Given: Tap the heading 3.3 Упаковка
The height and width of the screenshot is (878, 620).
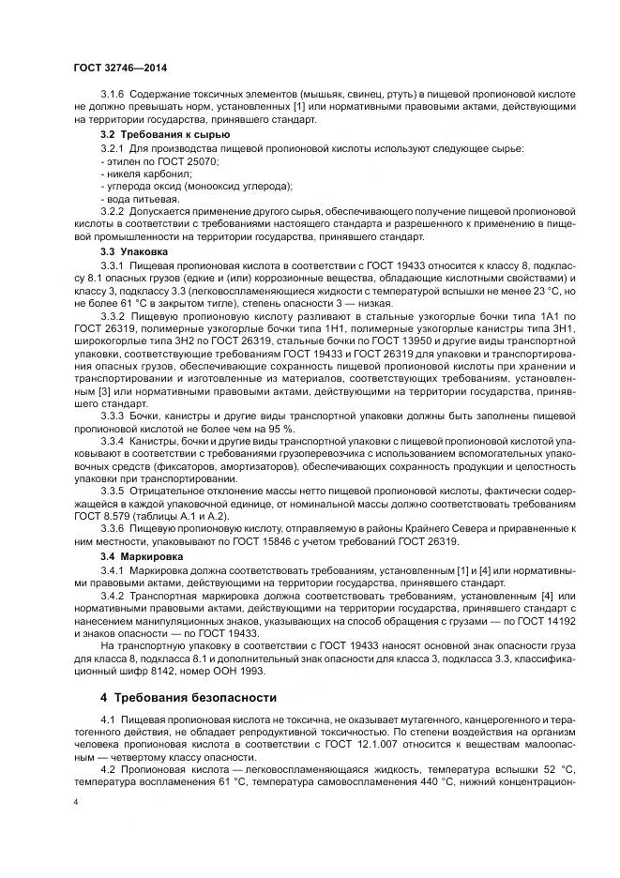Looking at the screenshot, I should (x=134, y=252).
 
